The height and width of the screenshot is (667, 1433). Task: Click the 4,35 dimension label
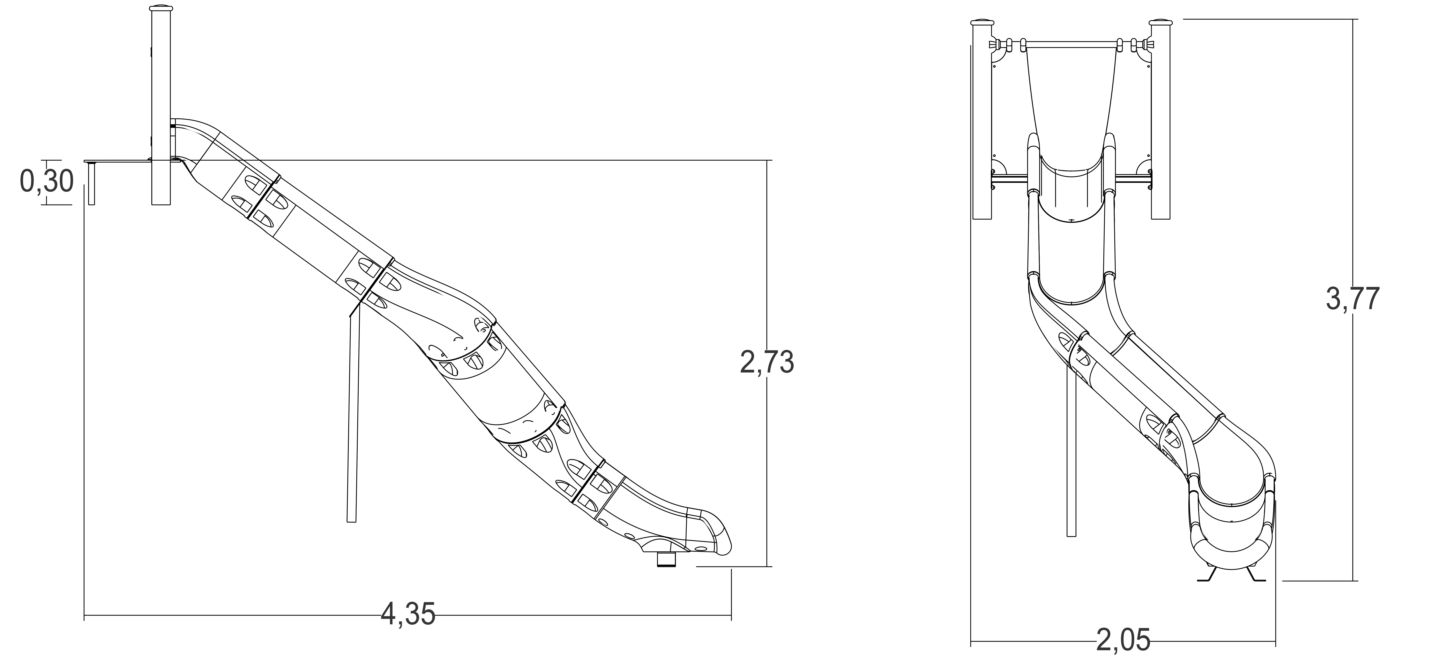pyautogui.click(x=408, y=615)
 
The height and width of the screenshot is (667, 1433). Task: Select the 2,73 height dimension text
pyautogui.click(x=767, y=363)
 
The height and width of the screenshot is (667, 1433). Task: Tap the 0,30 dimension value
pyautogui.click(x=47, y=181)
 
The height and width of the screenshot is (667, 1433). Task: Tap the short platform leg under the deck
pyautogui.click(x=92, y=184)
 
